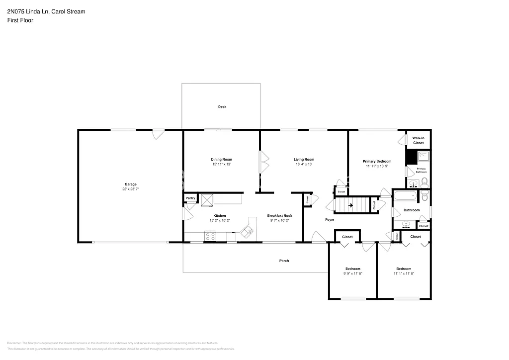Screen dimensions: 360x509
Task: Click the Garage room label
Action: coord(130,184)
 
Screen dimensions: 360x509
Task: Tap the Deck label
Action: coord(222,107)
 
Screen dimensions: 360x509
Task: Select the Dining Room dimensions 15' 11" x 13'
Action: coord(222,165)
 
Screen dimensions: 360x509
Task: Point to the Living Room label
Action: coord(304,160)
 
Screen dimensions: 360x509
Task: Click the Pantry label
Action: coord(190,198)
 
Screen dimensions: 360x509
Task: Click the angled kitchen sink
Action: coord(247,230)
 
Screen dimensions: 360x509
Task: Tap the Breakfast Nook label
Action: coord(279,216)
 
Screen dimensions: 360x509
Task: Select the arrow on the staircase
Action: coord(350,205)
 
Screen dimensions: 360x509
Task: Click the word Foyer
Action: coord(330,220)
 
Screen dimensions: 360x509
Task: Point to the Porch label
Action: coord(284,261)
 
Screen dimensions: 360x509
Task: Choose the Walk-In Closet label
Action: coord(419,140)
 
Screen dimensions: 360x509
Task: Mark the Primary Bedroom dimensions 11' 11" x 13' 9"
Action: coord(377,167)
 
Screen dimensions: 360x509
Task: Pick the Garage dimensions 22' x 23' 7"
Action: coord(130,189)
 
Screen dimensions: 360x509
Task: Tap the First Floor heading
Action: coord(20,20)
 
